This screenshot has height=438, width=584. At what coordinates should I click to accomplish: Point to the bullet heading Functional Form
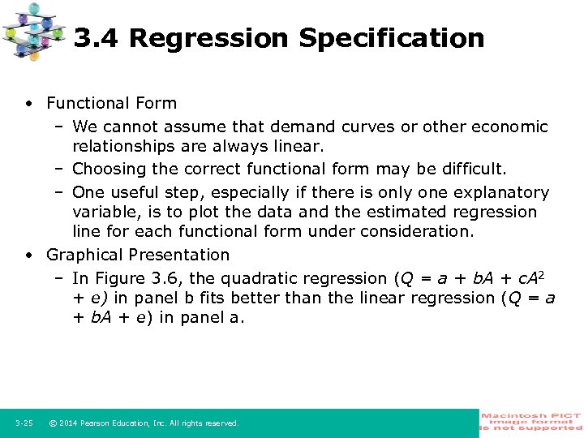[x=111, y=103]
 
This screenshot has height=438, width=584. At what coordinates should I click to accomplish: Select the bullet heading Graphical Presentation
[x=138, y=255]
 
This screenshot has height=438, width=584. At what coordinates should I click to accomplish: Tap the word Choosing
[x=105, y=170]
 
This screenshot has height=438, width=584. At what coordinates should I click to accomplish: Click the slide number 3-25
[x=24, y=423]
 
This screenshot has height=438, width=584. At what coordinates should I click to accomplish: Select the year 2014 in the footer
[x=71, y=423]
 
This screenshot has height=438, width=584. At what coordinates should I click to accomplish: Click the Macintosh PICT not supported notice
[x=531, y=422]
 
